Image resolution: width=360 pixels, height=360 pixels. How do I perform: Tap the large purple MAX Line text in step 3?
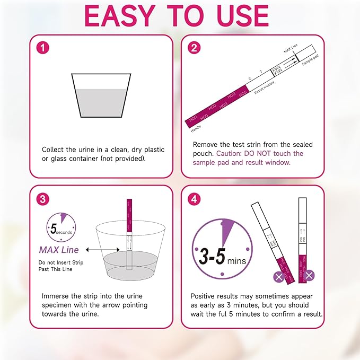click(x=58, y=249)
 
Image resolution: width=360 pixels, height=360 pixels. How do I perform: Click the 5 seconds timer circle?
click(x=60, y=227)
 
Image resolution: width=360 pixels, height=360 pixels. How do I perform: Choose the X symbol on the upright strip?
click(x=309, y=275)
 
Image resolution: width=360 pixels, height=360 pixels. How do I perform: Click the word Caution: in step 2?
click(x=232, y=153)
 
